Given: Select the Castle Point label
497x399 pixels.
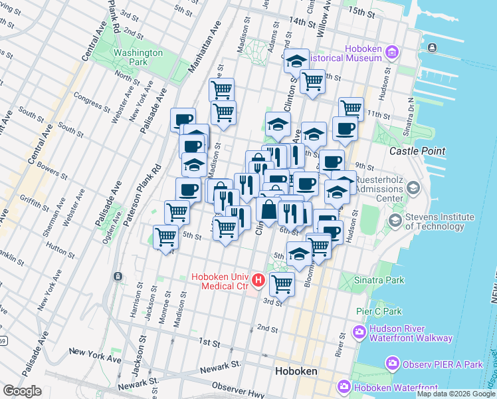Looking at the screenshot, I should click(x=417, y=151).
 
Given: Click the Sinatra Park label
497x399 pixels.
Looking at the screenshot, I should click(x=379, y=280).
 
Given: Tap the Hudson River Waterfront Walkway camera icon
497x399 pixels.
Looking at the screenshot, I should click(x=359, y=331).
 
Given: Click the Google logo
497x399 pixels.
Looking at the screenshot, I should click(x=22, y=391).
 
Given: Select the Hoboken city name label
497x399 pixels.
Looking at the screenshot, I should click(x=296, y=370).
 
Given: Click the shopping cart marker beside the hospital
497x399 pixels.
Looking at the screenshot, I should click(x=282, y=284).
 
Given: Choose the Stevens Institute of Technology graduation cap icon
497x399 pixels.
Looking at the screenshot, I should click(x=395, y=219).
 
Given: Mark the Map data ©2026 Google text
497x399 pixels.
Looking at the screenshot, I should click(x=456, y=394).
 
